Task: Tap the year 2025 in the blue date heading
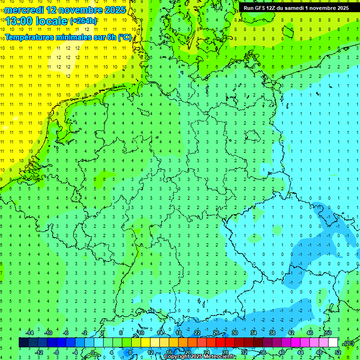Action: [x=114, y=9]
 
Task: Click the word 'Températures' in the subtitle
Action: [x=32, y=37]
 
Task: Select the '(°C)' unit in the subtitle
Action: [x=124, y=37]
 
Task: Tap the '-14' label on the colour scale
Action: [x=29, y=333]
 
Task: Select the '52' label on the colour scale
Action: [x=338, y=352]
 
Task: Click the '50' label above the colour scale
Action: [x=329, y=333]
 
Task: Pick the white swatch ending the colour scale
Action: [x=333, y=343]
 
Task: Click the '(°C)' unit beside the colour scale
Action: [x=348, y=343]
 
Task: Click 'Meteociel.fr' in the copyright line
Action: [x=219, y=357]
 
